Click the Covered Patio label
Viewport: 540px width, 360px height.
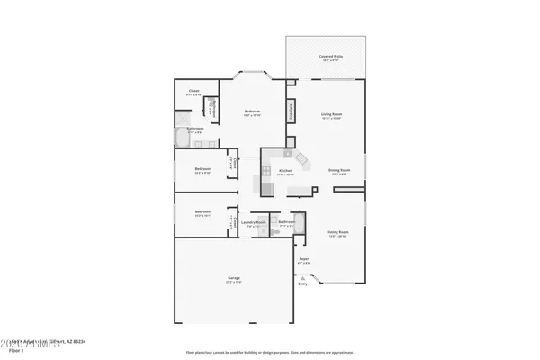click(x=326, y=57)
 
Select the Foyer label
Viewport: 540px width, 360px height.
click(x=303, y=262)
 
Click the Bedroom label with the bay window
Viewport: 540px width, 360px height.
click(x=252, y=112)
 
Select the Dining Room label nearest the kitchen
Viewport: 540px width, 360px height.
click(x=338, y=170)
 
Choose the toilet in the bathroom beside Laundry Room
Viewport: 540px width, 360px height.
click(x=275, y=231)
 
